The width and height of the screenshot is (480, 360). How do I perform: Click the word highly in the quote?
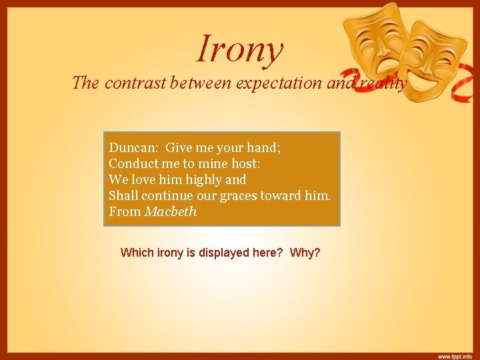coord(202,179)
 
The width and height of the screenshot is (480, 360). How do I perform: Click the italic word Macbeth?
coord(171,211)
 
